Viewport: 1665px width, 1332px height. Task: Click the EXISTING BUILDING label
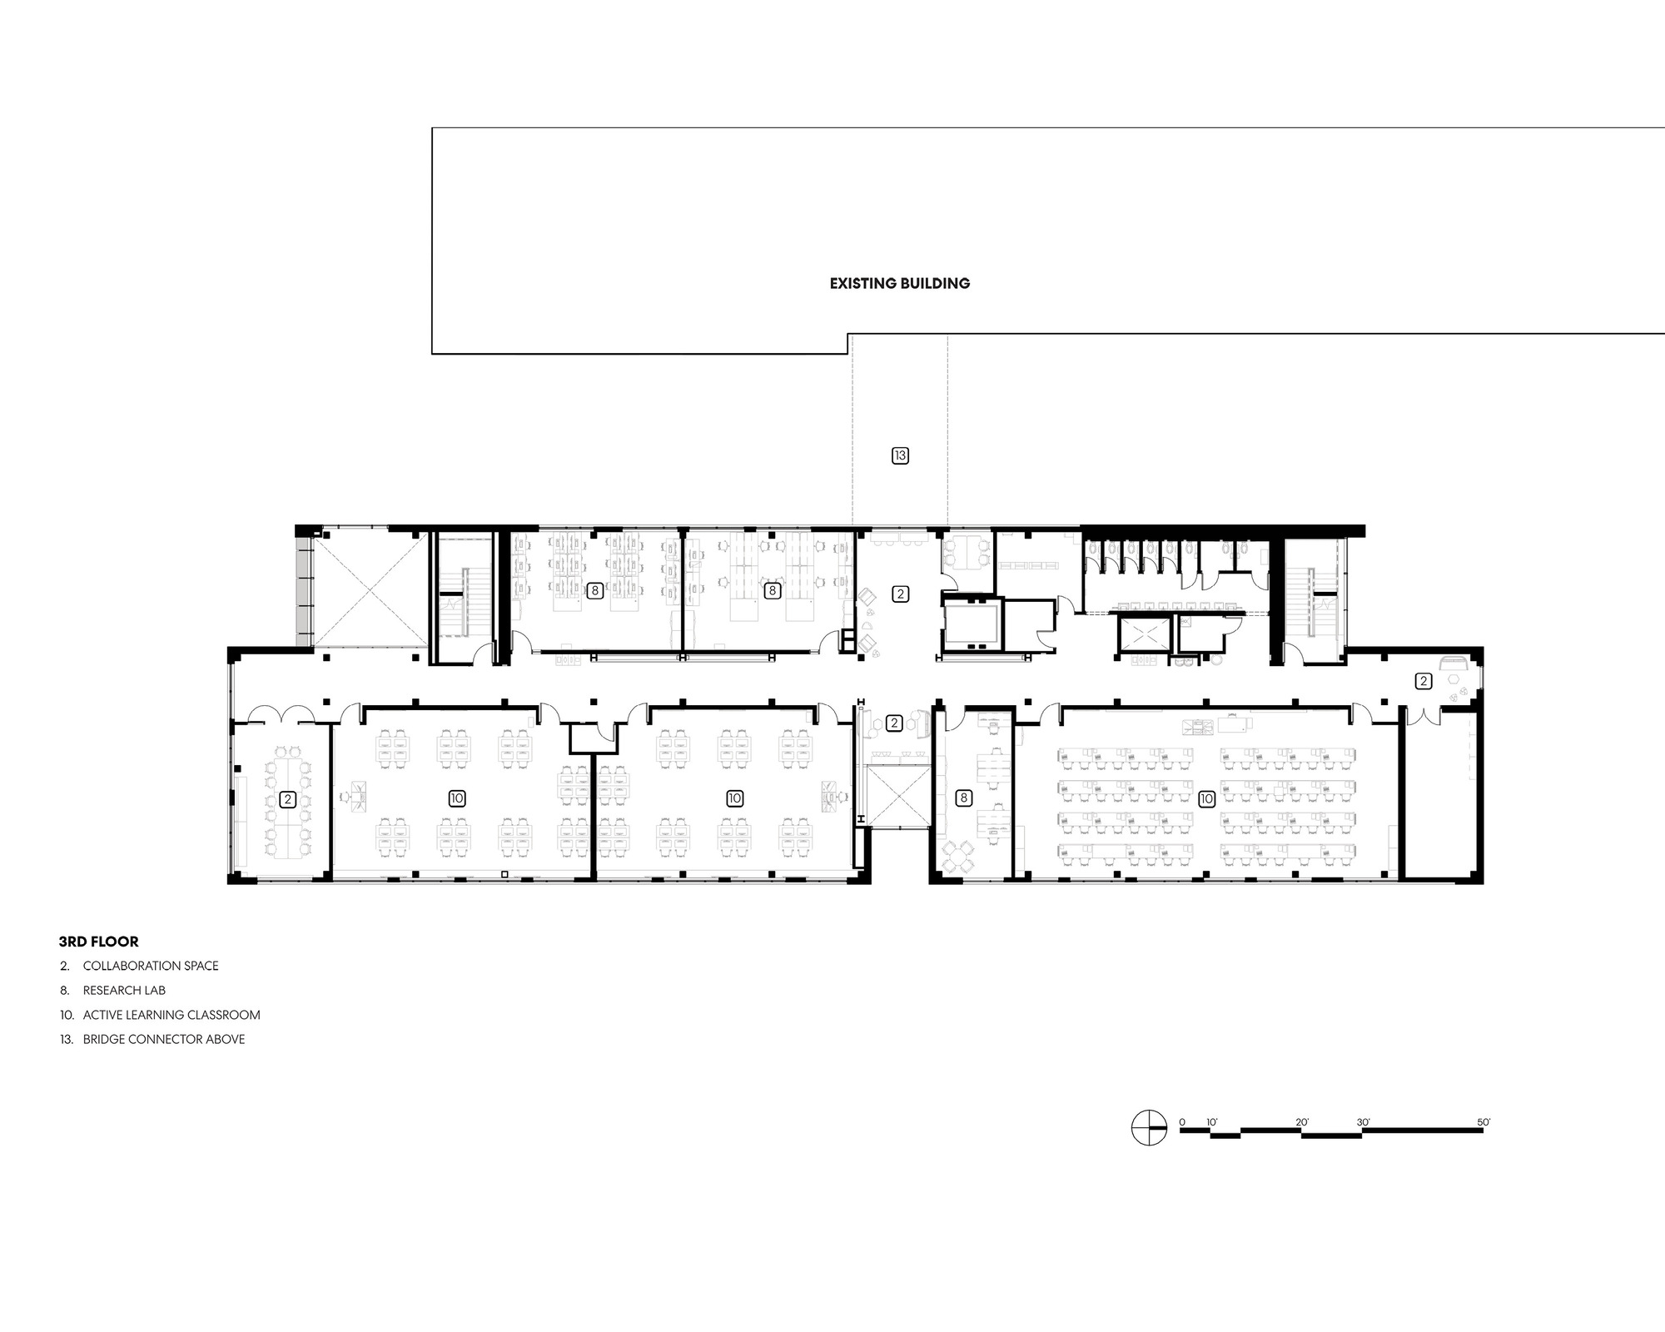click(x=900, y=283)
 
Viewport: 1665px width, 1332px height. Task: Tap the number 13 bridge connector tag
click(x=900, y=455)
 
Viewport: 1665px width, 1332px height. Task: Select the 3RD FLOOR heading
click(x=98, y=942)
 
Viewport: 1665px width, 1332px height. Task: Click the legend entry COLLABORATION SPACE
click(x=150, y=966)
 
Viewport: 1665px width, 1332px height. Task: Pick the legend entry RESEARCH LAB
click(x=124, y=991)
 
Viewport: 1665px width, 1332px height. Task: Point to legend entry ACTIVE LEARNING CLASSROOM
click(x=171, y=1015)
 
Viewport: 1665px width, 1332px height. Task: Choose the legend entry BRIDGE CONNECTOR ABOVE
click(x=164, y=1039)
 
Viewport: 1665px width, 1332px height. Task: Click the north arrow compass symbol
click(x=1149, y=1128)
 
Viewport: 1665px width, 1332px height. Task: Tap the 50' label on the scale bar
click(x=1484, y=1122)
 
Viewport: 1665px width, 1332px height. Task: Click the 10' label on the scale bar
click(x=1212, y=1122)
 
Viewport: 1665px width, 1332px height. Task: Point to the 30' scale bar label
click(x=1364, y=1122)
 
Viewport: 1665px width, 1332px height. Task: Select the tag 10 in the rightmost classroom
click(x=1206, y=799)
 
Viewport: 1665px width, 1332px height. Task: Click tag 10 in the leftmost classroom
click(x=456, y=798)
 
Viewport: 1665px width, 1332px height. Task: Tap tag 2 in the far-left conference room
click(x=287, y=799)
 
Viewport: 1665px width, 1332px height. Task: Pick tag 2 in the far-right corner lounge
click(x=1424, y=681)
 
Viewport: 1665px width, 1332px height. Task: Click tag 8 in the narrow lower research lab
click(x=964, y=798)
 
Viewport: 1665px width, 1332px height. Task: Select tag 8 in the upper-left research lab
click(x=594, y=591)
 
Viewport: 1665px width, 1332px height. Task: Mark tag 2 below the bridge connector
click(x=900, y=594)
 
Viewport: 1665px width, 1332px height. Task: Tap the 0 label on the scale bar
click(x=1182, y=1122)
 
